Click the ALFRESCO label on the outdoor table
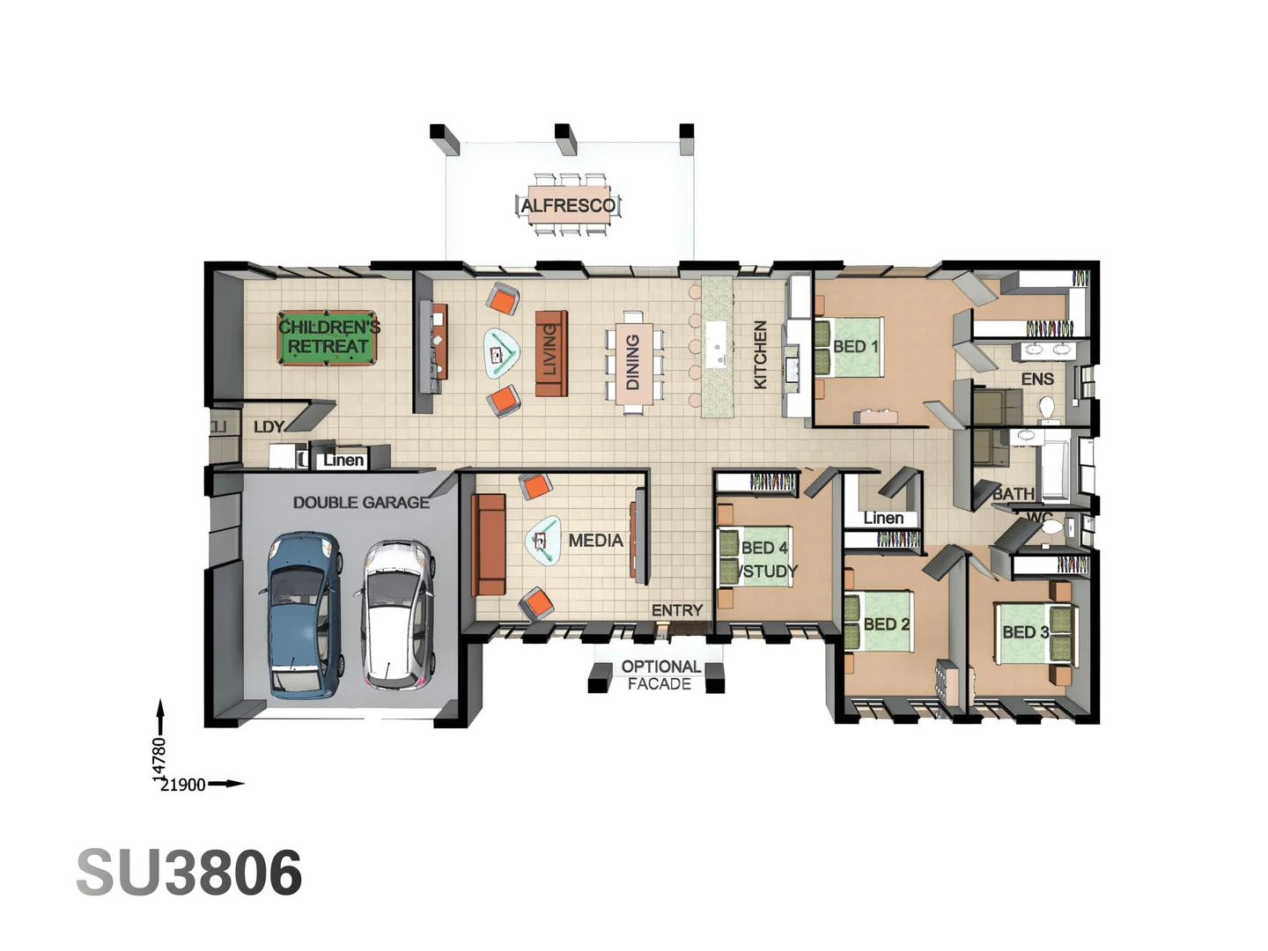point(568,205)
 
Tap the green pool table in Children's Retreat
point(328,336)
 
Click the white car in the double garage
point(397,614)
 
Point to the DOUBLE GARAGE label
point(361,502)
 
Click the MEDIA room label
point(595,541)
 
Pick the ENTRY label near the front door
point(676,610)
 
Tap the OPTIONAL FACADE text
point(660,675)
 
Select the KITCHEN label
point(761,354)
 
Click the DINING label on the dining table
point(632,362)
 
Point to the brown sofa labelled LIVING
point(550,352)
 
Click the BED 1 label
point(855,347)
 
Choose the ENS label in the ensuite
point(1036,380)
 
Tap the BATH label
point(1013,494)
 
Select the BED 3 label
point(1025,632)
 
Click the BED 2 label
point(886,624)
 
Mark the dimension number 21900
point(182,785)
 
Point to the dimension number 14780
point(159,757)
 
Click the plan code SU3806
point(189,874)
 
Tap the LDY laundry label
point(269,427)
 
